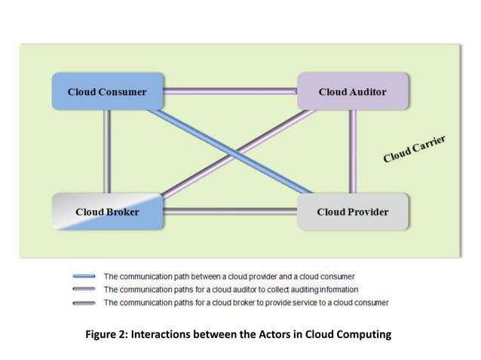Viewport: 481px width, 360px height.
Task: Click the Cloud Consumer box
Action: (x=107, y=92)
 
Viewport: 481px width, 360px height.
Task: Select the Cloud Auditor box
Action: (x=352, y=92)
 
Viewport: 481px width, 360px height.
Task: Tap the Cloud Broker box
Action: (x=107, y=212)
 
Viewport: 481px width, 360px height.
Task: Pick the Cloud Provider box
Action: (x=352, y=212)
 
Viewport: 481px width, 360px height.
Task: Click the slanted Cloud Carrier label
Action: (x=414, y=149)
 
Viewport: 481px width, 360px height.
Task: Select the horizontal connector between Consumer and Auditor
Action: (x=230, y=92)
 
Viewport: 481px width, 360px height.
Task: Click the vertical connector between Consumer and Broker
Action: (x=107, y=151)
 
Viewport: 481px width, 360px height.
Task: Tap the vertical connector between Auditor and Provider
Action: (x=352, y=151)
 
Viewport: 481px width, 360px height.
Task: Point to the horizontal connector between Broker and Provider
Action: (x=230, y=212)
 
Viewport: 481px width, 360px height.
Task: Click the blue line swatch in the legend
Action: (x=84, y=276)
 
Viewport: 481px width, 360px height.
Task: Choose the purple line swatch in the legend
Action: (x=84, y=289)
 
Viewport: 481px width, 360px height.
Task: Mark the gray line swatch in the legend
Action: (x=84, y=303)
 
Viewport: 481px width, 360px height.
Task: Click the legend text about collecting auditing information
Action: (x=231, y=289)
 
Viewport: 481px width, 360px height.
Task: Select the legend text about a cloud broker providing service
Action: (x=246, y=303)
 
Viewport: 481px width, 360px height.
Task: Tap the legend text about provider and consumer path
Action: (x=228, y=276)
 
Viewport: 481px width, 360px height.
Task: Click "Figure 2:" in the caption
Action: (x=108, y=334)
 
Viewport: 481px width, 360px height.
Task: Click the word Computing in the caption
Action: (x=365, y=334)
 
